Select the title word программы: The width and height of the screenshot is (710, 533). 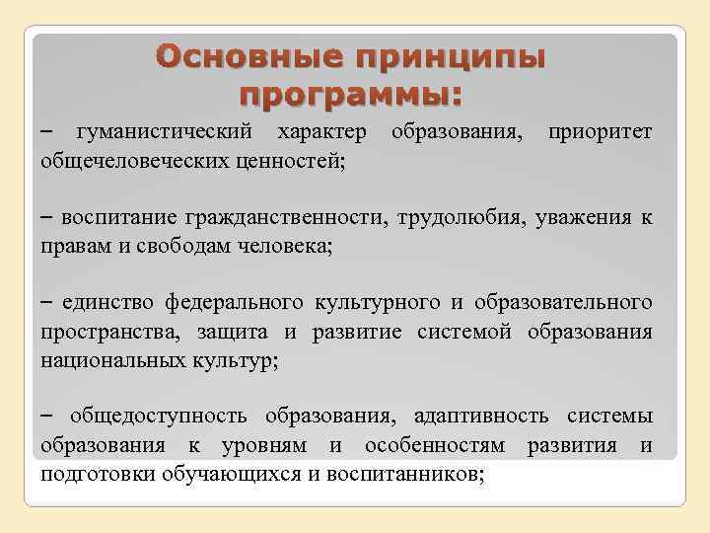(351, 97)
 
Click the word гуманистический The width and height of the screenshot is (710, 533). (165, 131)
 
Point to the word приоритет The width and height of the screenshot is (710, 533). (601, 131)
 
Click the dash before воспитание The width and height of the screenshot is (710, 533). (47, 216)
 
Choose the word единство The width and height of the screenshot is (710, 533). (106, 301)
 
